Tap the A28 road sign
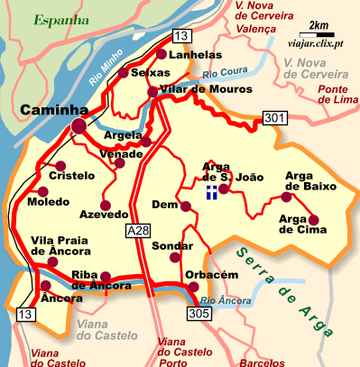(x=137, y=232)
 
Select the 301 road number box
(x=274, y=116)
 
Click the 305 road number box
(x=200, y=313)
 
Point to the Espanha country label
(x=61, y=18)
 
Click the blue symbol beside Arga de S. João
(x=210, y=191)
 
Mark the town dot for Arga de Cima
(x=314, y=219)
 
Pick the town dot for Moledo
(x=42, y=190)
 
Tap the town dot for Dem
(x=186, y=206)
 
